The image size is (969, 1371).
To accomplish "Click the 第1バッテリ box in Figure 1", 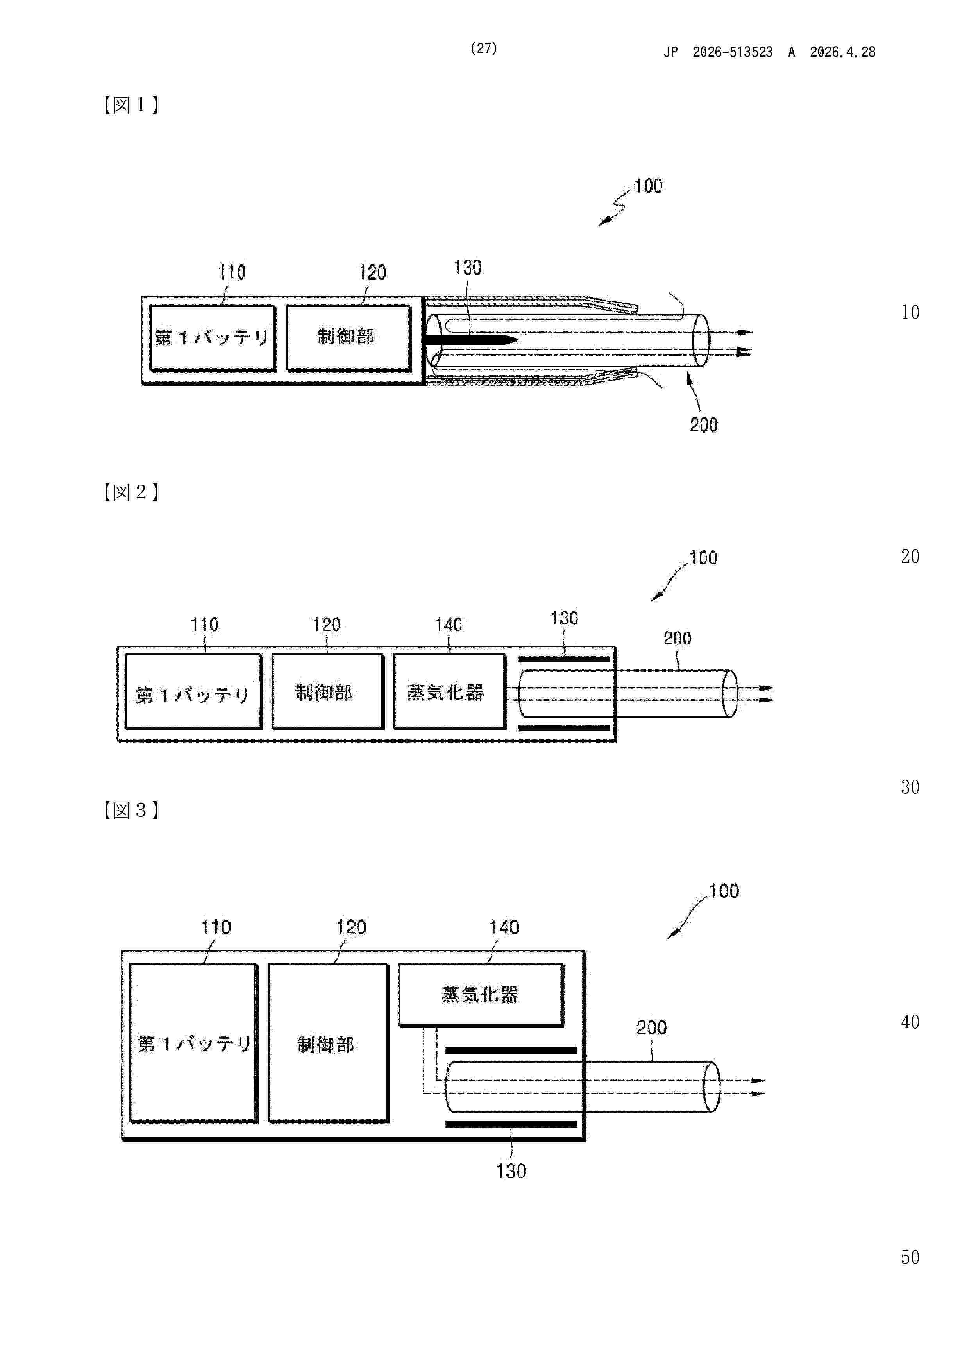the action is (x=213, y=338).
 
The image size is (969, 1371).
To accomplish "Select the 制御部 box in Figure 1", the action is (x=349, y=338).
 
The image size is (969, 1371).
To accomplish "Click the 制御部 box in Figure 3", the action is (x=328, y=1043).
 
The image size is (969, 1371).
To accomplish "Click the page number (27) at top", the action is (x=484, y=48).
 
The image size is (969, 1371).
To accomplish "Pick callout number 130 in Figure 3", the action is (x=511, y=1171).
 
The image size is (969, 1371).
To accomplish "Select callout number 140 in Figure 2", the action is (x=449, y=625).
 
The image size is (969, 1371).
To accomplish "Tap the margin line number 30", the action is (x=910, y=787).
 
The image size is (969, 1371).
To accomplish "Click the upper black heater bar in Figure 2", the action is (x=563, y=660).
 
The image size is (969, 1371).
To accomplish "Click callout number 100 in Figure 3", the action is (x=724, y=891).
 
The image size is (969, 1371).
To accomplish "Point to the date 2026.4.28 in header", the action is (x=842, y=52).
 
